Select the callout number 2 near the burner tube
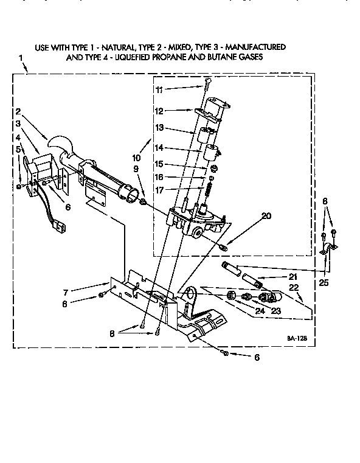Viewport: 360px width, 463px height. pos(19,111)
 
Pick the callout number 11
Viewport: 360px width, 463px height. pos(159,89)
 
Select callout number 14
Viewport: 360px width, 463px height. pos(159,148)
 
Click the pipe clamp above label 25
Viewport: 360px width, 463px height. pos(330,248)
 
